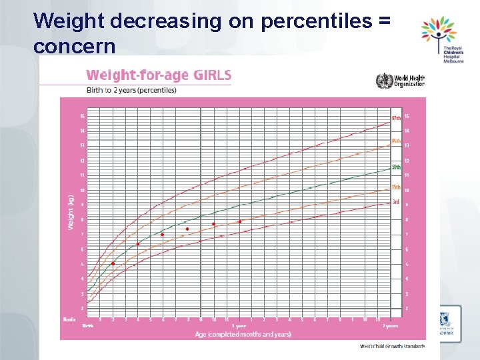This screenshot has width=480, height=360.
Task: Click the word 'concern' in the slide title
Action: [x=74, y=47]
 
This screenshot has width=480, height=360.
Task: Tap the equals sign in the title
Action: [x=383, y=21]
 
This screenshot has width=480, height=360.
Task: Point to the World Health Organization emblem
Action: [x=385, y=81]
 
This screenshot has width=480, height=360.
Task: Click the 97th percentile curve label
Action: [x=396, y=118]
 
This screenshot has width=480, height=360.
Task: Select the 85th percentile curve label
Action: [x=396, y=141]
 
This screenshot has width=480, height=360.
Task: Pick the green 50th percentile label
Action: [x=396, y=166]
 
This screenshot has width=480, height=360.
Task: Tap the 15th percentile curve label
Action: [x=396, y=187]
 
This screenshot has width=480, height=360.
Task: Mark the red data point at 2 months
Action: [x=113, y=264]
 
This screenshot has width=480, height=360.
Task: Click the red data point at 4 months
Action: [x=138, y=244]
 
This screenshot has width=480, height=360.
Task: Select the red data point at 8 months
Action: [x=187, y=229]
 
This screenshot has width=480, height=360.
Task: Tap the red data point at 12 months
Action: [x=239, y=221]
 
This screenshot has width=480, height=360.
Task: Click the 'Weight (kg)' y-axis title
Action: [x=70, y=212]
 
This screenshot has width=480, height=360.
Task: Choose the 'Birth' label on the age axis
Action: [x=87, y=326]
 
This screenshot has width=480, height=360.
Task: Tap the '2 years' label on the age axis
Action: [x=391, y=326]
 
